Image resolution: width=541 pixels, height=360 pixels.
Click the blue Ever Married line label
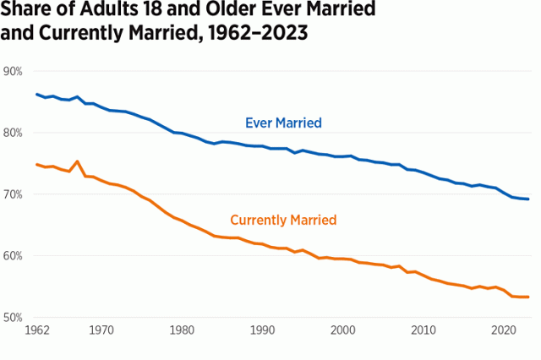tap(283, 123)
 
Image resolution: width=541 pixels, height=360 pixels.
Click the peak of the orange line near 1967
tap(77, 161)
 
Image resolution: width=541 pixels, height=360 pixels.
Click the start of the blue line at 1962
tap(36, 94)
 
